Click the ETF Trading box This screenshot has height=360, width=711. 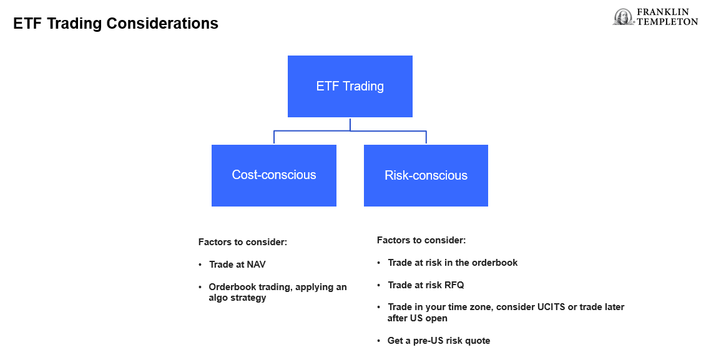pyautogui.click(x=350, y=86)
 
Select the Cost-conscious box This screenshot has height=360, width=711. pyautogui.click(x=274, y=175)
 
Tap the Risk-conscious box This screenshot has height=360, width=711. pyautogui.click(x=426, y=175)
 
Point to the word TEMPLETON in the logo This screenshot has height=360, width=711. pyautogui.click(x=667, y=21)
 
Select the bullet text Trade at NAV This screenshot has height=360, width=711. pyautogui.click(x=237, y=265)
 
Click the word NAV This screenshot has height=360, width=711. pyautogui.click(x=256, y=265)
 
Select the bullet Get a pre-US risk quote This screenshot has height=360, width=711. pyautogui.click(x=438, y=341)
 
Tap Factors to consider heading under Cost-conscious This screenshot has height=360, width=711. pyautogui.click(x=243, y=242)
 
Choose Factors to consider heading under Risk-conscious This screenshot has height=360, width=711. pyautogui.click(x=421, y=240)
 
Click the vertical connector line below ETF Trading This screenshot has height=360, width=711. pyautogui.click(x=350, y=124)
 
